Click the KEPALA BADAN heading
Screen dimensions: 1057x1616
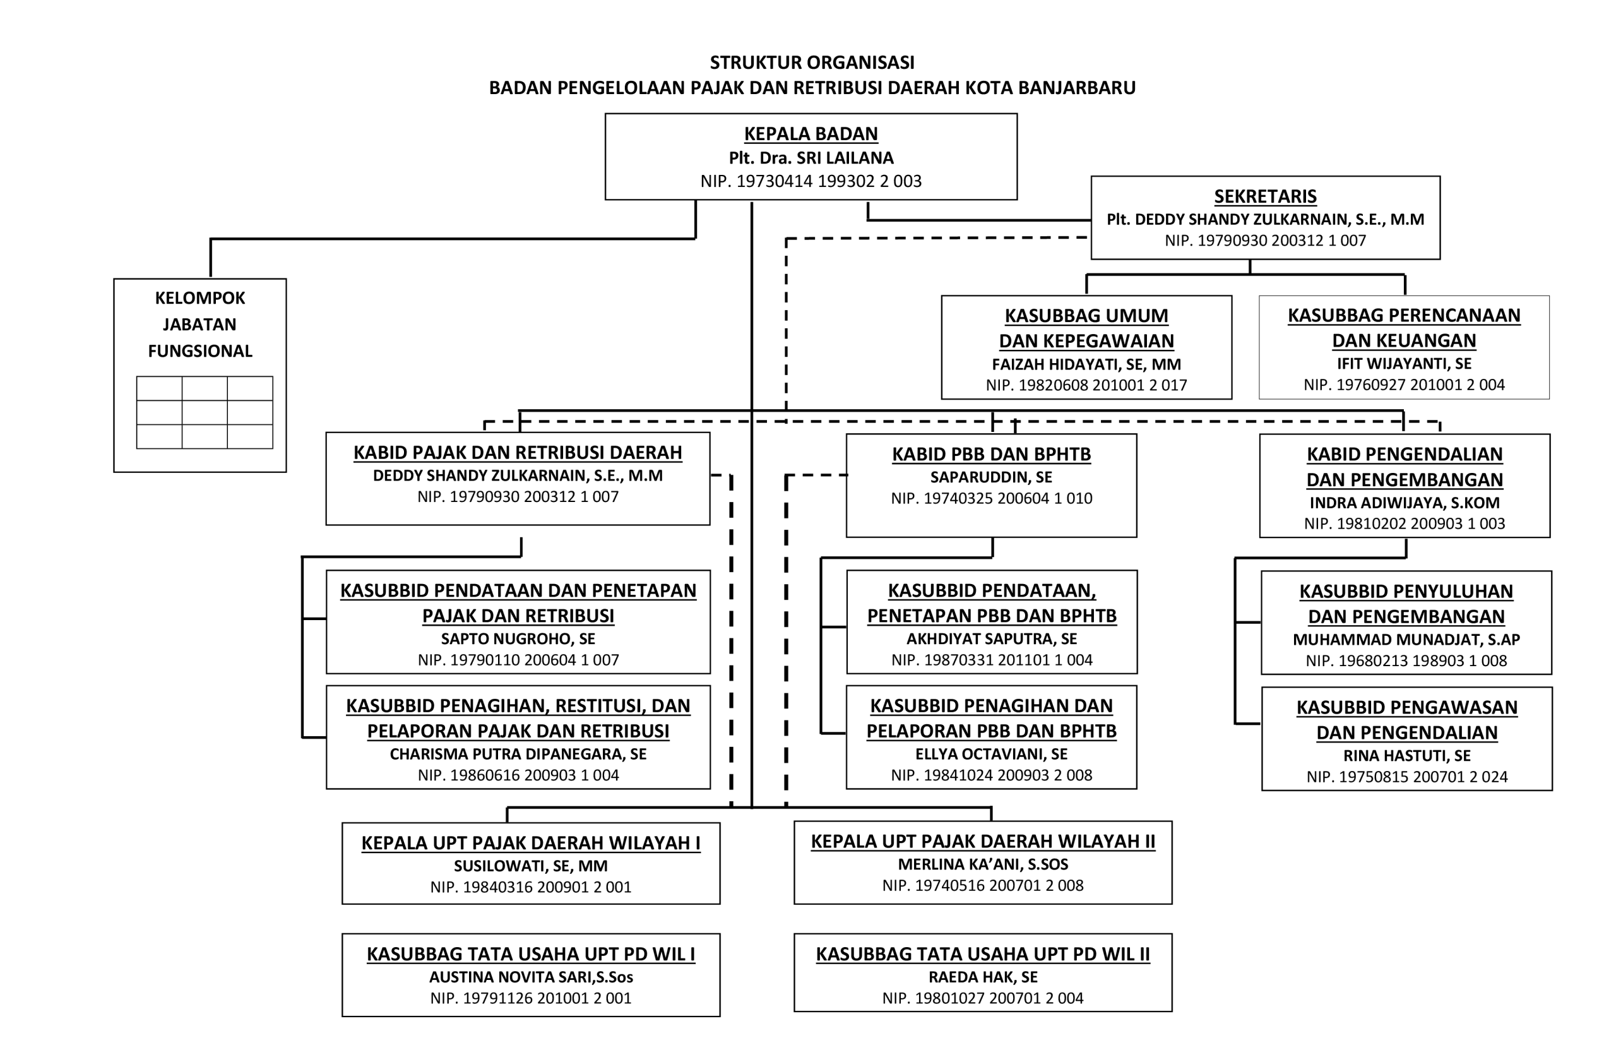[811, 134]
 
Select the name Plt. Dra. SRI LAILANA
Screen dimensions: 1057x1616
[811, 158]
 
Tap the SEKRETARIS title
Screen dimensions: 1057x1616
[1265, 196]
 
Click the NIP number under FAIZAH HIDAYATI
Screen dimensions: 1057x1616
[1086, 385]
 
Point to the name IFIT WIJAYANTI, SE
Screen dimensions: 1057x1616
[1403, 364]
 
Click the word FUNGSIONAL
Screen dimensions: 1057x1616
[199, 351]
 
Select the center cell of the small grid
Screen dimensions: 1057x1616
[205, 412]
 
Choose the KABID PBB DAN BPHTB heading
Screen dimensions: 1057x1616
[990, 454]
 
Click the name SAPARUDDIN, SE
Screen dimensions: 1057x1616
[990, 477]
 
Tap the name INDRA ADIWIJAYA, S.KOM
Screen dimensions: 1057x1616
[1404, 503]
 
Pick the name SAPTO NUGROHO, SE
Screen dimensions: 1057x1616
[518, 638]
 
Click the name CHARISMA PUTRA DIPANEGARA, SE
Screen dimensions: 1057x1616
[518, 754]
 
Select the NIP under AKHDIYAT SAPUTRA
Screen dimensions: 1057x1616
[991, 660]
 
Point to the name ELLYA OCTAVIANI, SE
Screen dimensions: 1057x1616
[990, 754]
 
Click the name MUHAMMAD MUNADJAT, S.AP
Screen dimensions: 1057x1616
[1406, 639]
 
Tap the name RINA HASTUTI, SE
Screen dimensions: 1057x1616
[1406, 755]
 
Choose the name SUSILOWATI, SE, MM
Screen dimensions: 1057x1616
[530, 866]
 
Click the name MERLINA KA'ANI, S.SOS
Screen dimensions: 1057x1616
[982, 864]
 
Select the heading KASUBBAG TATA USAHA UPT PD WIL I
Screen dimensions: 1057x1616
[530, 955]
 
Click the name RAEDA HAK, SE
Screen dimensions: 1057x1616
[982, 977]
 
